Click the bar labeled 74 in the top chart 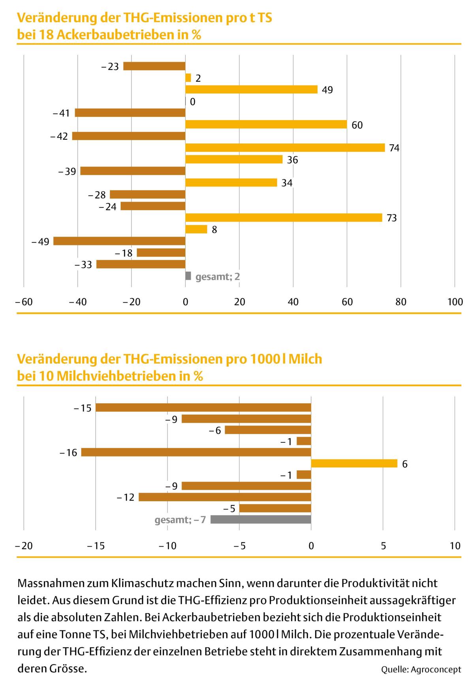tap(285, 148)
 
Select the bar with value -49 tap(119, 241)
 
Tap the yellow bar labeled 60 tap(266, 124)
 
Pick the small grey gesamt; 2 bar tap(188, 276)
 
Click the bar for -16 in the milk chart tap(196, 452)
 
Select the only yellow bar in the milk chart tap(354, 463)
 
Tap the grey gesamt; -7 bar tap(261, 519)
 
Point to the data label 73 tap(391, 218)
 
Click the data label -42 tap(59, 137)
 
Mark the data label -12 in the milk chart tap(126, 497)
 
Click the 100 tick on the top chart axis tap(455, 302)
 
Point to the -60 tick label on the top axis tap(23, 302)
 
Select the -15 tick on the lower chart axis tap(95, 546)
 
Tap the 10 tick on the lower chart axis tap(455, 546)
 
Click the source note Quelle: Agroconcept tap(421, 670)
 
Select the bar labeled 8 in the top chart tap(196, 229)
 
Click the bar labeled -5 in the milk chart tap(275, 508)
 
